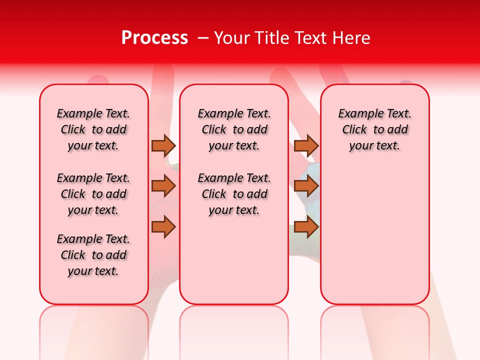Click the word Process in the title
[154, 38]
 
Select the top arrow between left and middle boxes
[163, 145]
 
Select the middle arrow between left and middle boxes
[163, 186]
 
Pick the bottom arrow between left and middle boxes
[163, 227]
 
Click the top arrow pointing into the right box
[306, 145]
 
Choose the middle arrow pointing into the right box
[306, 186]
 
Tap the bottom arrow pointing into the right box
[306, 227]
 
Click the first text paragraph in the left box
[93, 129]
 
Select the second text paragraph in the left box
[93, 194]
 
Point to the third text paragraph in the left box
[93, 255]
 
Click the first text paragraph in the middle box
[234, 129]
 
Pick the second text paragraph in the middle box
[234, 194]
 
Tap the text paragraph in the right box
[374, 129]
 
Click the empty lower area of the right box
[374, 235]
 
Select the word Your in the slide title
[231, 38]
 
